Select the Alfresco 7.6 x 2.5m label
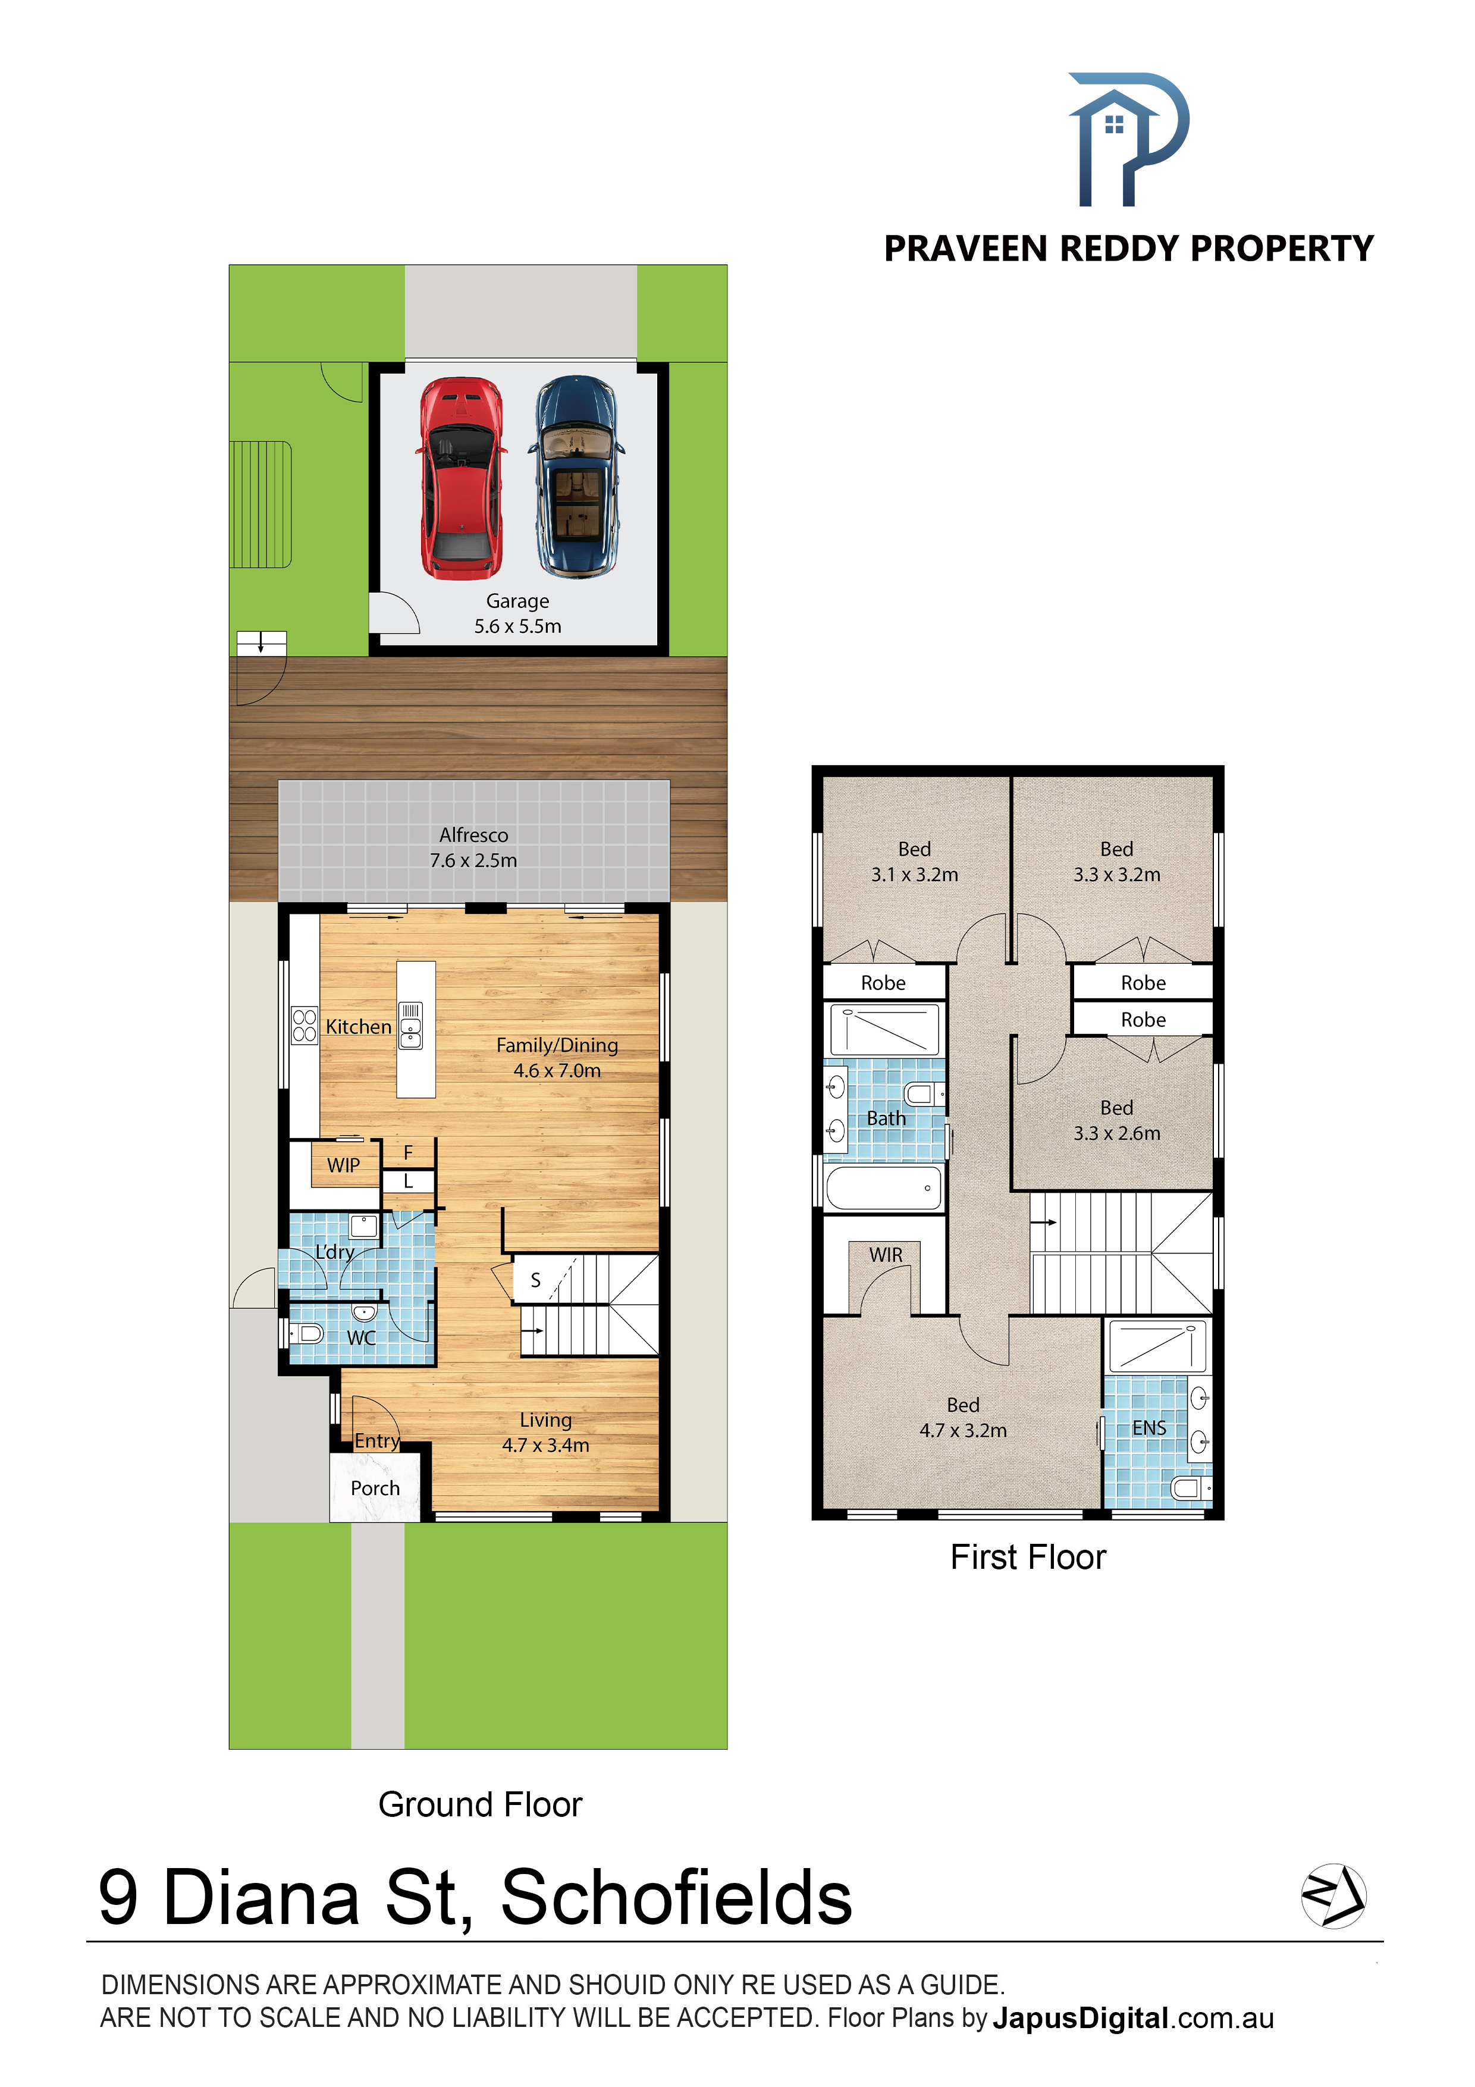pyautogui.click(x=473, y=847)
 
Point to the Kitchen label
pyautogui.click(x=358, y=1026)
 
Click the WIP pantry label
pyautogui.click(x=344, y=1165)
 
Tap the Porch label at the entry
pyautogui.click(x=375, y=1488)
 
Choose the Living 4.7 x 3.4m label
pyautogui.click(x=545, y=1433)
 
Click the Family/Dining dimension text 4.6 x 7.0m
pyautogui.click(x=557, y=1071)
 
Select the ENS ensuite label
pyautogui.click(x=1148, y=1428)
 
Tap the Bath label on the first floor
pyautogui.click(x=886, y=1118)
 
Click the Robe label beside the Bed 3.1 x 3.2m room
pyautogui.click(x=883, y=983)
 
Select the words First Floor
pyautogui.click(x=1028, y=1557)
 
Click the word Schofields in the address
pyautogui.click(x=676, y=1897)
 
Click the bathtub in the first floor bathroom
pyautogui.click(x=883, y=1187)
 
